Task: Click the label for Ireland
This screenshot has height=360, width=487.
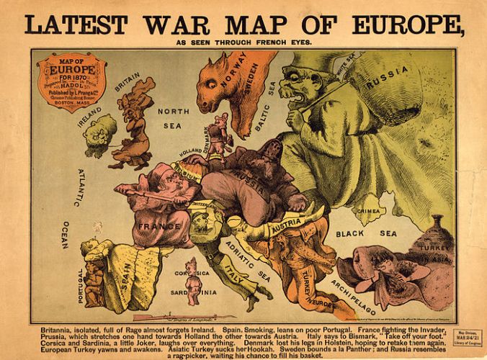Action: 91,116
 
